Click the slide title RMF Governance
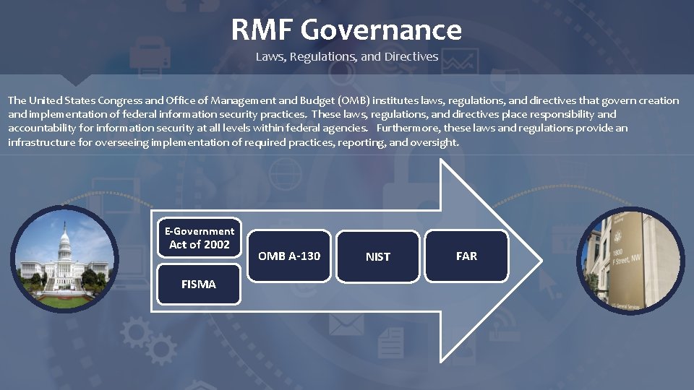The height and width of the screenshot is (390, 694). tap(346, 30)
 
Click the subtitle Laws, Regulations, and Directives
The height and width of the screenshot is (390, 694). tap(346, 56)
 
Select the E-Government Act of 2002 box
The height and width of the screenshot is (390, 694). tap(199, 238)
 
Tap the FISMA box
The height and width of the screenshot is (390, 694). tap(199, 285)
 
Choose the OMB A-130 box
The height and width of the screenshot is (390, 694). tap(289, 256)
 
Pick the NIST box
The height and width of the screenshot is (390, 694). tap(378, 256)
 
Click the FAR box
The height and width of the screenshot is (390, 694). tap(466, 256)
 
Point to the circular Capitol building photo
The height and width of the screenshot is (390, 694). tap(64, 259)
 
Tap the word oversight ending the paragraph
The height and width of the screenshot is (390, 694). tap(434, 142)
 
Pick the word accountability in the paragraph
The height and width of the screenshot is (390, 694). tap(39, 128)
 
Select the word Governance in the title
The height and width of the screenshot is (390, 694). tap(380, 30)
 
